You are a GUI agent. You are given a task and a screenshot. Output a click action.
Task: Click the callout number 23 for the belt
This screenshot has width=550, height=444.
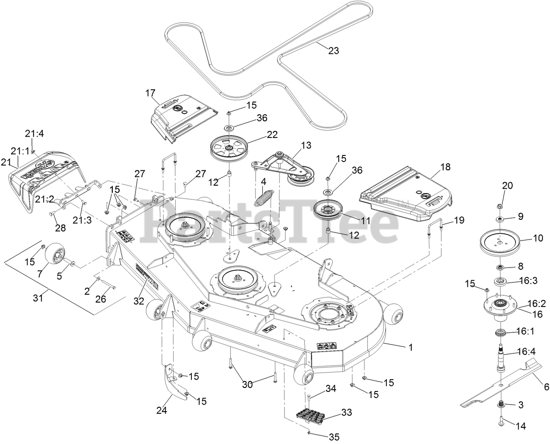tap(334, 51)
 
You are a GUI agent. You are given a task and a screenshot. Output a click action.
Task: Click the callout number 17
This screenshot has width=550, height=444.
tap(150, 93)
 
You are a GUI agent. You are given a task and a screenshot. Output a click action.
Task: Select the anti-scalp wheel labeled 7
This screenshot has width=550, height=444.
tap(54, 254)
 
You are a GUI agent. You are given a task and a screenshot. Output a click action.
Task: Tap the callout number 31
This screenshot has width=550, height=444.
tap(38, 298)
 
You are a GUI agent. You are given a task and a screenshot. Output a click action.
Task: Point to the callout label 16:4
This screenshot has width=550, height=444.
tap(526, 351)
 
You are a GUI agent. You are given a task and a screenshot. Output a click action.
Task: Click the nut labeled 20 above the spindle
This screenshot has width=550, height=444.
tap(500, 206)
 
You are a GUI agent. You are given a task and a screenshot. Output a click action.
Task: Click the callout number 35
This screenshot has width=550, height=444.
tap(333, 437)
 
